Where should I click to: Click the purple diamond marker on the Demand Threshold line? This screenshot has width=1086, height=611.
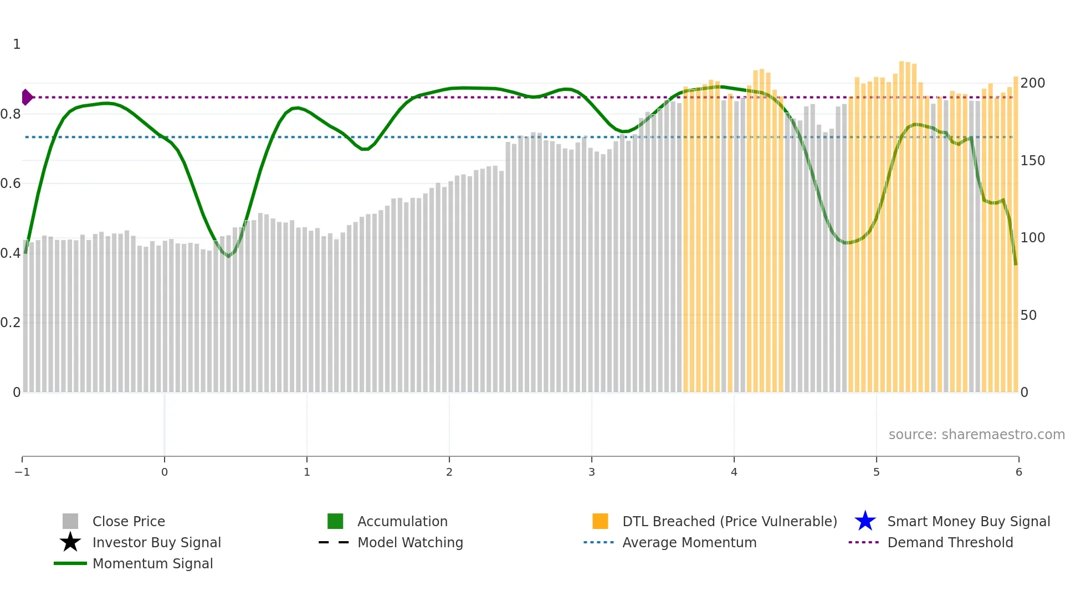pos(27,97)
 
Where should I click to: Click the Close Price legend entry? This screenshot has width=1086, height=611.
pos(128,521)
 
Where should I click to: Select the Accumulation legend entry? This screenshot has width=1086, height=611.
pos(402,521)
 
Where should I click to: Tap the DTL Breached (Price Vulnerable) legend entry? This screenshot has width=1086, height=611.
pos(729,521)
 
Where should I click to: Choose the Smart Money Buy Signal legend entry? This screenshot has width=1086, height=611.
pos(969,521)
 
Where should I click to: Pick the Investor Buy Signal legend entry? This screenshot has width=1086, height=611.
pos(156,542)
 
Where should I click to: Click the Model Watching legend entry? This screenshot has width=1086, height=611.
pos(410,542)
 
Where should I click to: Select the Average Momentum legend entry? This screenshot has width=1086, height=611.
pos(689,542)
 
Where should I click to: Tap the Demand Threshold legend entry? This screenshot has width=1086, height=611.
pos(950,542)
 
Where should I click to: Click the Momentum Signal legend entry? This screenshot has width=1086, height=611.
pos(152,563)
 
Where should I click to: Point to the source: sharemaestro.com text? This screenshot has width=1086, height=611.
pos(976,434)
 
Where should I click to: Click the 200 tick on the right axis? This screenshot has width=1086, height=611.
pos(1032,83)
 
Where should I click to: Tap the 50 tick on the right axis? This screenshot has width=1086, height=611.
pos(1028,315)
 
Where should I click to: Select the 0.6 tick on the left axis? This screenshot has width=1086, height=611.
pos(11,184)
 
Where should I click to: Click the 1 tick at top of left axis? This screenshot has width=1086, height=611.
pos(17,44)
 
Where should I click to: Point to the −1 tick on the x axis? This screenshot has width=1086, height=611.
pos(22,472)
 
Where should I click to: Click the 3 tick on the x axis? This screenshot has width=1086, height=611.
pos(592,472)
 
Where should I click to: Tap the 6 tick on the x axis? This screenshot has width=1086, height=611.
pos(1018,472)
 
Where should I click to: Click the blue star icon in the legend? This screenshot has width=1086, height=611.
pos(865,521)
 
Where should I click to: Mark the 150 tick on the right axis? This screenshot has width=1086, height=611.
pos(1032,161)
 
